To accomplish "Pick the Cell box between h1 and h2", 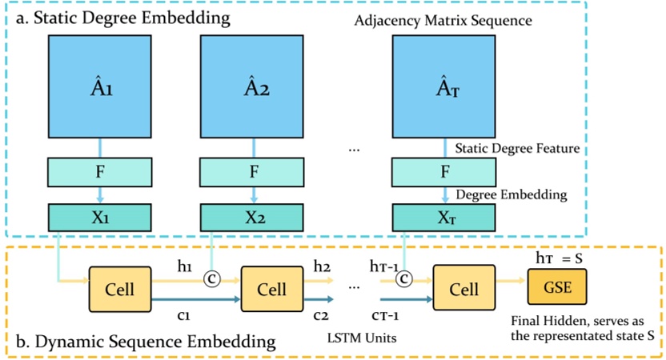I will tap(271, 289).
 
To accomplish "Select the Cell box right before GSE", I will tap(463, 289).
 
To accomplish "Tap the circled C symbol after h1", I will tap(213, 278).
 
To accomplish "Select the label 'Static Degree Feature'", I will tap(516, 148).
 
